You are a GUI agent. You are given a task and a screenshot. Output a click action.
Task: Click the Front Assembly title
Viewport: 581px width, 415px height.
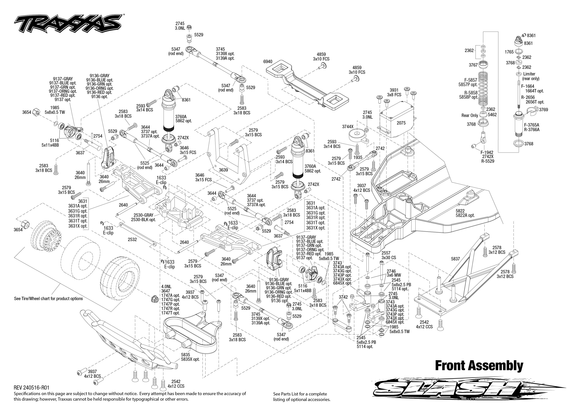[479, 366]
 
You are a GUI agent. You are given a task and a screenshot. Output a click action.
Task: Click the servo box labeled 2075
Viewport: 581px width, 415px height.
[401, 123]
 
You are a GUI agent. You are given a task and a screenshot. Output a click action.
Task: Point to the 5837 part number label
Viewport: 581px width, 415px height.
[455, 259]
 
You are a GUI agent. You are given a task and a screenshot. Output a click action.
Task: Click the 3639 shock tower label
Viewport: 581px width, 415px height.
[223, 170]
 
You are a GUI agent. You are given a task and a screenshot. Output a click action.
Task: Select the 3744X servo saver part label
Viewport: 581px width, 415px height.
[348, 127]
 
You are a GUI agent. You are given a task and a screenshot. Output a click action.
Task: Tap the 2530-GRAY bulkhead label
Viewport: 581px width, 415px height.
[143, 215]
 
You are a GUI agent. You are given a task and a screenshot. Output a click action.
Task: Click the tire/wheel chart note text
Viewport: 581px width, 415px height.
[48, 298]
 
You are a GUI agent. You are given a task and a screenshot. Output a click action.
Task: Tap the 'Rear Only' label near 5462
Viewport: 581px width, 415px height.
[470, 115]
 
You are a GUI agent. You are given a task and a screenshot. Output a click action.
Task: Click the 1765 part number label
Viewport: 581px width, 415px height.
[509, 52]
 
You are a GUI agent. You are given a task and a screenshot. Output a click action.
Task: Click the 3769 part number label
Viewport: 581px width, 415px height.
[543, 110]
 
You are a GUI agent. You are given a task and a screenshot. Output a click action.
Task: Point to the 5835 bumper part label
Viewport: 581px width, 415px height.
[186, 355]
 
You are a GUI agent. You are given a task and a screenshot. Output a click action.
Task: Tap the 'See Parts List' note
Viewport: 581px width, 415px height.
[302, 397]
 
